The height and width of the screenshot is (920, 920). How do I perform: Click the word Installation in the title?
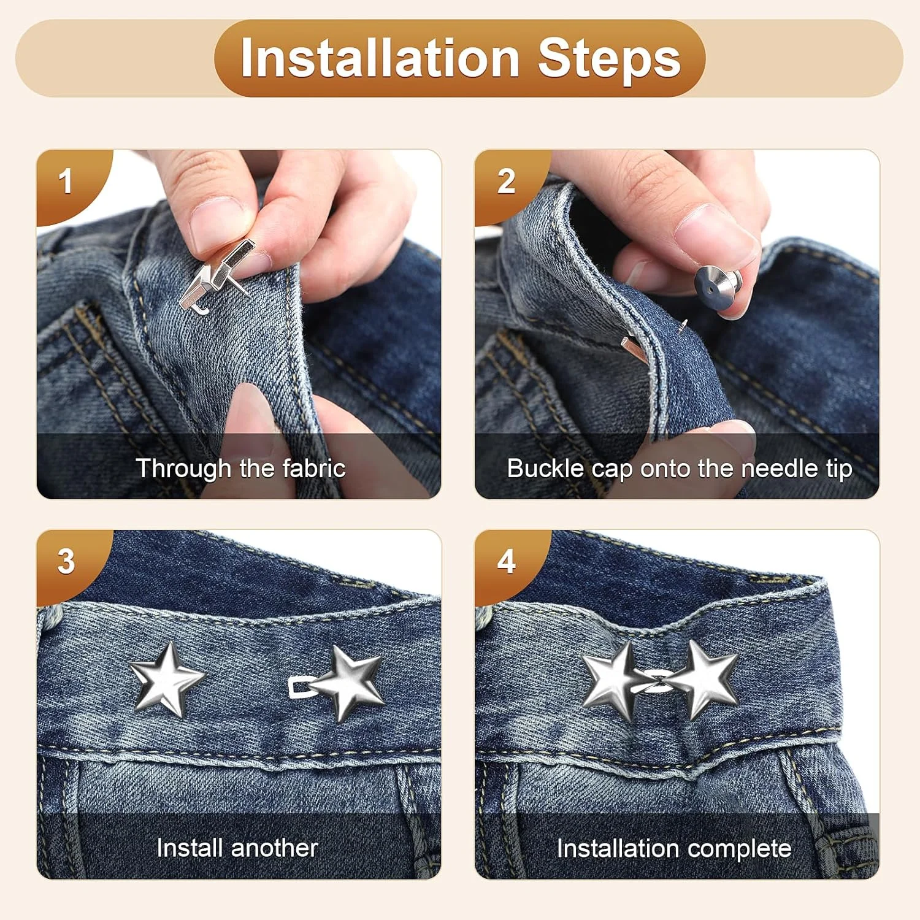click(x=380, y=58)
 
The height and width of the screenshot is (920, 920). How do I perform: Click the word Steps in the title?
click(x=610, y=59)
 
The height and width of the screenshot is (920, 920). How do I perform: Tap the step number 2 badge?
click(x=506, y=182)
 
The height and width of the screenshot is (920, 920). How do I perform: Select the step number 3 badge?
click(x=66, y=562)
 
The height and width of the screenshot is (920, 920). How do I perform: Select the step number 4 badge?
click(x=506, y=562)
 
